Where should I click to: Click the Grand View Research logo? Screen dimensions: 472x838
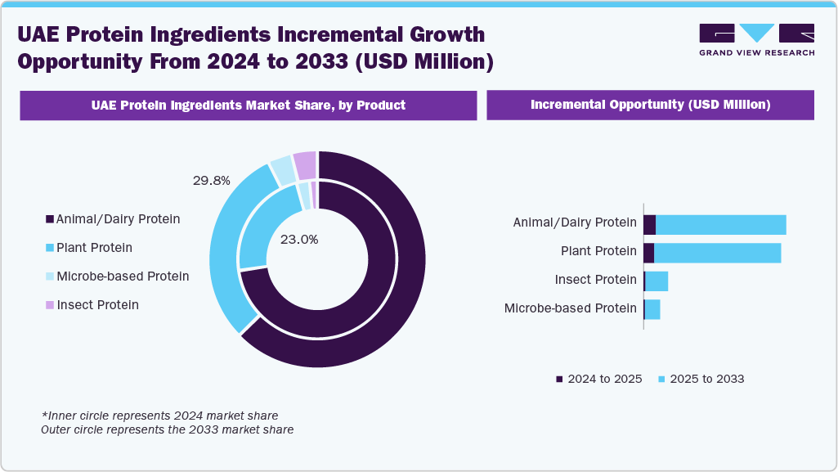756,39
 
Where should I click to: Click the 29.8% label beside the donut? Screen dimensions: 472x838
211,180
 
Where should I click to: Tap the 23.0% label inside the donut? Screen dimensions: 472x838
299,240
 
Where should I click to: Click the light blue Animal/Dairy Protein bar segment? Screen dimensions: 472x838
720,225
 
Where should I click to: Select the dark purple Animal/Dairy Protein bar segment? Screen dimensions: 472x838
650,225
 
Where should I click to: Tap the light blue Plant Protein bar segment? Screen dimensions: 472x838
717,253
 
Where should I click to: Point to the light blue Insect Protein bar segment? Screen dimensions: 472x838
657,281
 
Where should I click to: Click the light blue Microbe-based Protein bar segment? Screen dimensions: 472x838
652,309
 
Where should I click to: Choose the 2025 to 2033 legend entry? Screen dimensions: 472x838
701,379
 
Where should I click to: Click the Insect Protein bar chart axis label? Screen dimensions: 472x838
595,280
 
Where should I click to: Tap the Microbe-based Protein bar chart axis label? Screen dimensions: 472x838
570,308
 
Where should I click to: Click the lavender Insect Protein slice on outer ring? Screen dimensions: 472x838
305,165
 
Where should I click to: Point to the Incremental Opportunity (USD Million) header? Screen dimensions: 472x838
650,105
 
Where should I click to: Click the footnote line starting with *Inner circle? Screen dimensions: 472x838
159,416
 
